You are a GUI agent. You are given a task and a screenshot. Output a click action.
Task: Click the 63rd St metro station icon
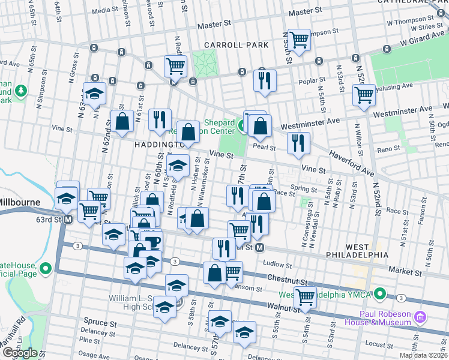[x=68, y=220]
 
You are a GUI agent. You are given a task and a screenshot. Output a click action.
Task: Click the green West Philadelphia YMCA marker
[x=379, y=295]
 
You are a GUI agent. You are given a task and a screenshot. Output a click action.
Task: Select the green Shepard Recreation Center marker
[x=243, y=126]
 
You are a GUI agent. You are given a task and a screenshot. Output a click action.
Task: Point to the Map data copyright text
[x=423, y=355]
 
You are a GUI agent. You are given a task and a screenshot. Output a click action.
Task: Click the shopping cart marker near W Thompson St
[x=298, y=40]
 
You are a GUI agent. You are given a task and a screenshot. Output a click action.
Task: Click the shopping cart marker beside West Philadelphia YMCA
[x=305, y=296]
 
